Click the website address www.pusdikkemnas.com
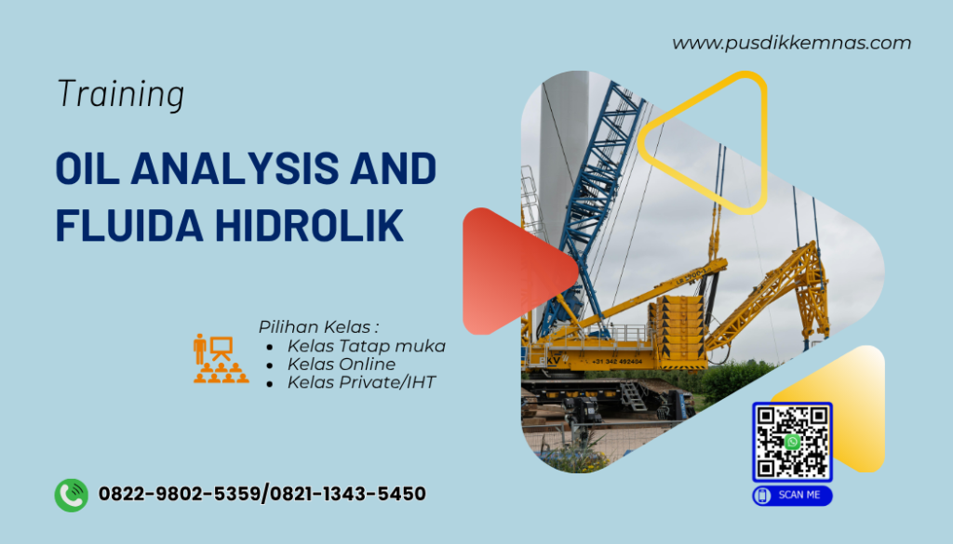coord(791,43)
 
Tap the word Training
coord(120,94)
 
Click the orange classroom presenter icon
coord(221,358)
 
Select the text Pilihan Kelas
coord(318,326)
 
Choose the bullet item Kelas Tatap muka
coord(366,346)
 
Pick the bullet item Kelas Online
coord(341,364)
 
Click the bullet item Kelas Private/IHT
coord(361,382)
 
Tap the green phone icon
coord(71,494)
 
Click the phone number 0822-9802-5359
coord(181,494)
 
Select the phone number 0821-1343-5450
coord(348,494)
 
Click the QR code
coord(792,442)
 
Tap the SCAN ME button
coord(792,496)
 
